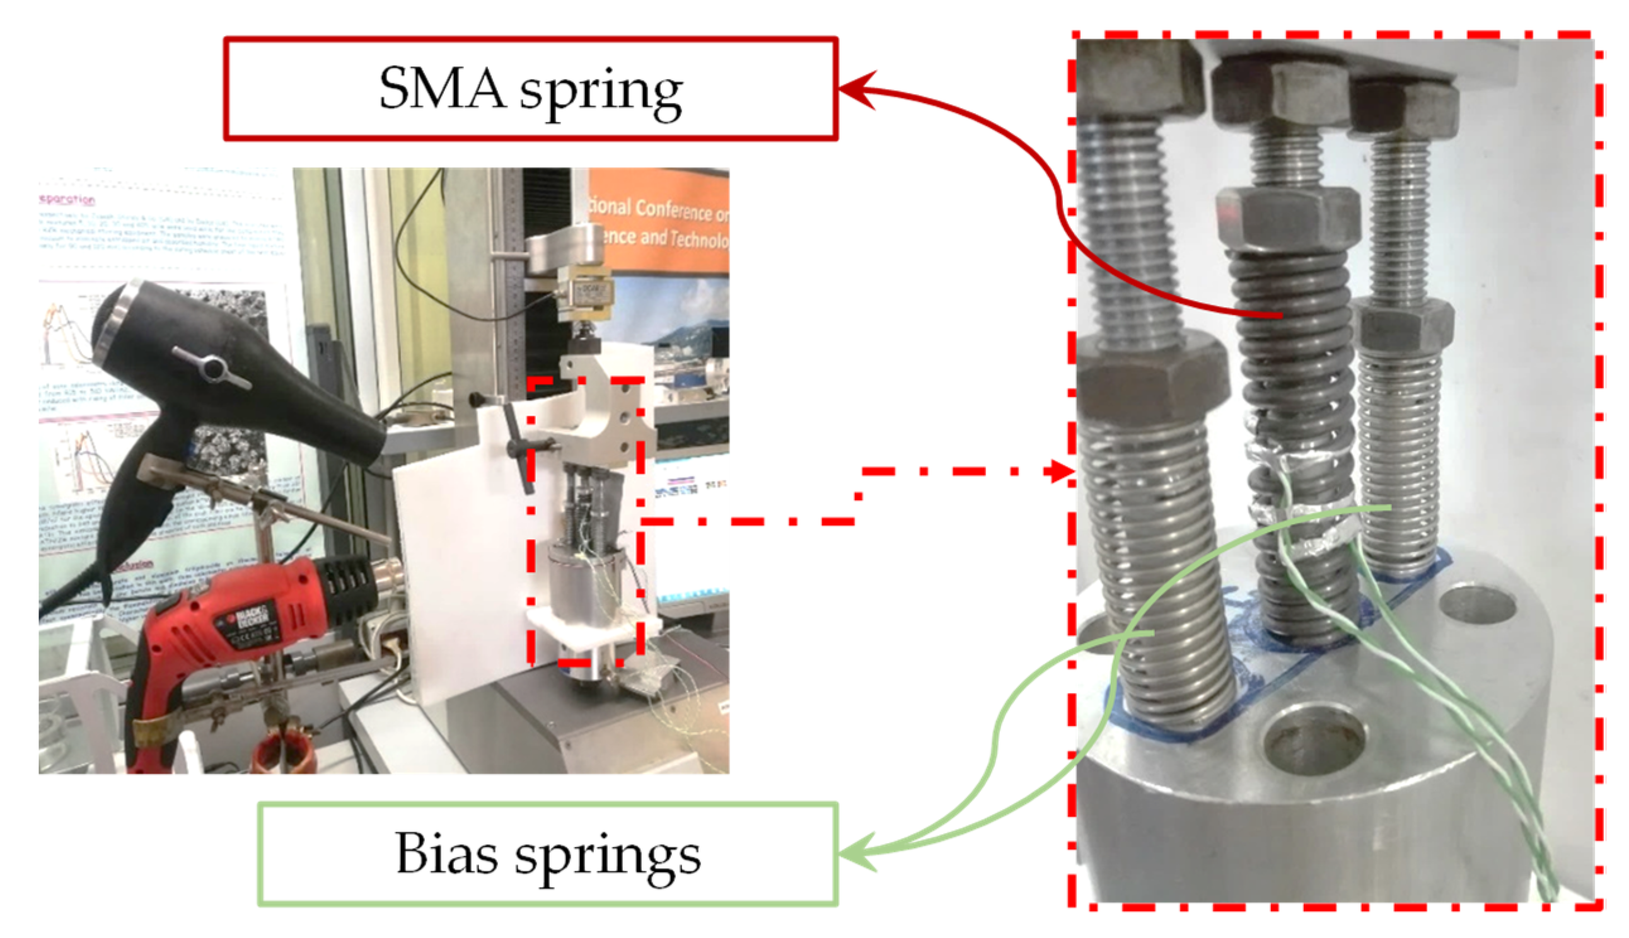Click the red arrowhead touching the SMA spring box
click(x=854, y=90)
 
